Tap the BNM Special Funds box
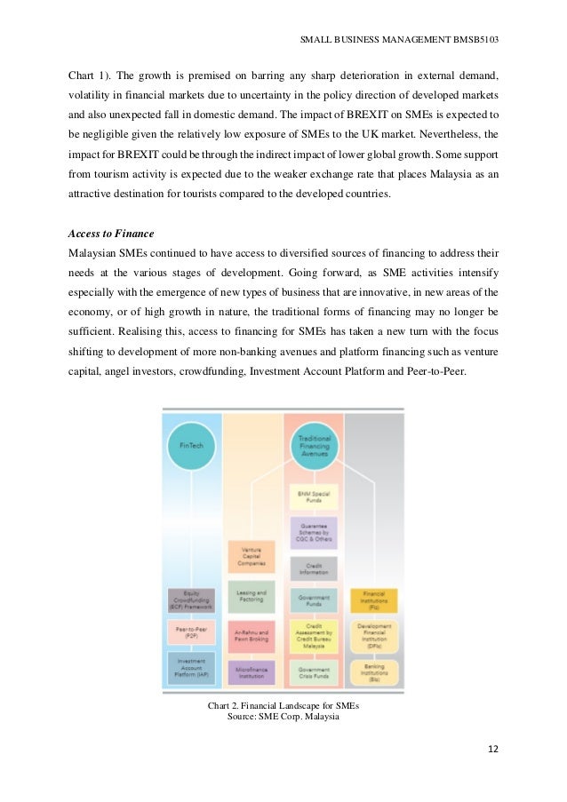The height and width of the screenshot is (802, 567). pyautogui.click(x=313, y=496)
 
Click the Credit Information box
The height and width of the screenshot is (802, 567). pyautogui.click(x=313, y=568)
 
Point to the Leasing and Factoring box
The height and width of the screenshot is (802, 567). pyautogui.click(x=252, y=597)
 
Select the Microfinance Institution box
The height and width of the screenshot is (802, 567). pyautogui.click(x=252, y=671)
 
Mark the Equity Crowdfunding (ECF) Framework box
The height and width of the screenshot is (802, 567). pyautogui.click(x=191, y=600)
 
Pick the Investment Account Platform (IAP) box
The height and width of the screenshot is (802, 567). pyautogui.click(x=191, y=668)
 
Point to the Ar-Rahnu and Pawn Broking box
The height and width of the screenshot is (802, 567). pyautogui.click(x=252, y=635)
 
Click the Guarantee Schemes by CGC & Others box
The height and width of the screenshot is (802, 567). pyautogui.click(x=313, y=531)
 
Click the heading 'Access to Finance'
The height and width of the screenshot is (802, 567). pyautogui.click(x=111, y=234)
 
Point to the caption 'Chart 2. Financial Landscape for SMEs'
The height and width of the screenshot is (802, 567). pyautogui.click(x=283, y=705)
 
